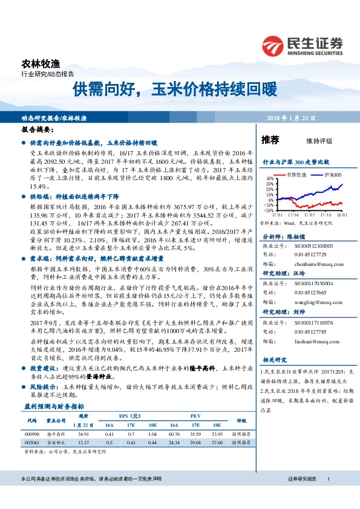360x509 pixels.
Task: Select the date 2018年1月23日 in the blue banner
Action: point(301,118)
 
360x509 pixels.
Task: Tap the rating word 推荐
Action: point(270,140)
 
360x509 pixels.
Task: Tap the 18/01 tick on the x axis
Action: point(342,215)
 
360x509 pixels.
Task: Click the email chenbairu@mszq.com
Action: point(313,264)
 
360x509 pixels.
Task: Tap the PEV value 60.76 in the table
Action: point(174,434)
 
